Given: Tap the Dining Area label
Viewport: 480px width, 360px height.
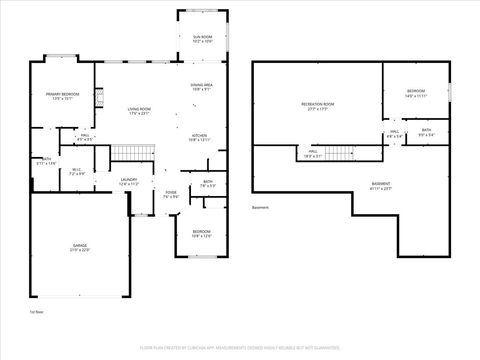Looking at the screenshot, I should pyautogui.click(x=201, y=87).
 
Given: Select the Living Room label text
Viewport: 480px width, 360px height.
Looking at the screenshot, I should pyautogui.click(x=138, y=111).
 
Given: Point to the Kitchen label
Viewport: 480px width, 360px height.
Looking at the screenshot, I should pyautogui.click(x=199, y=138).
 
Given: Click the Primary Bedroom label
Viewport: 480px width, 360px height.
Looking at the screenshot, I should pyautogui.click(x=62, y=96).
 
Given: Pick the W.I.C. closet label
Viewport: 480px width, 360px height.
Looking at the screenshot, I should pyautogui.click(x=76, y=171).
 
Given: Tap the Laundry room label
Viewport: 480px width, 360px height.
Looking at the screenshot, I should pyautogui.click(x=129, y=182).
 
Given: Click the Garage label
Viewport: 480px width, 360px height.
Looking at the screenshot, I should pyautogui.click(x=78, y=248).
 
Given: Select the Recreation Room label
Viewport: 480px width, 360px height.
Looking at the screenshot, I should pyautogui.click(x=317, y=105).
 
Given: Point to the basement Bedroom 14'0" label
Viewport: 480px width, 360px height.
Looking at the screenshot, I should pyautogui.click(x=416, y=93).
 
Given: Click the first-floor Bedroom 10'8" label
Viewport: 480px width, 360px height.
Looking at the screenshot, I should pyautogui.click(x=201, y=234).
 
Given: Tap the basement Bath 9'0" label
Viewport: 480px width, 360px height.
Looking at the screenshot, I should pyautogui.click(x=426, y=131).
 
